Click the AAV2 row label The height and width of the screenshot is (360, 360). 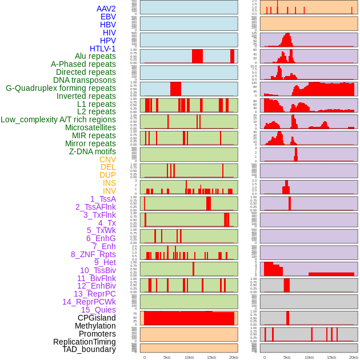tap(106, 9)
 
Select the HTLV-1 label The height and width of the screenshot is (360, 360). tap(102, 49)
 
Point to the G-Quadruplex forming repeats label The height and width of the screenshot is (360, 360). tap(61, 88)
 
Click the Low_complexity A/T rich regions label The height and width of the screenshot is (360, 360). tap(58, 119)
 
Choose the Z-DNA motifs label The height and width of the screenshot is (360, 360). tap(93, 151)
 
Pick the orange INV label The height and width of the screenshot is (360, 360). tap(109, 191)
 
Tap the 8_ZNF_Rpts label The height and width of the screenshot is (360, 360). tap(93, 254)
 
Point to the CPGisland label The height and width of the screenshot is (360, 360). tap(97, 318)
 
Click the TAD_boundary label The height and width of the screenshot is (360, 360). tap(89, 349)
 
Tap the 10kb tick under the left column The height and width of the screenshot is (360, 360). tap(189, 357)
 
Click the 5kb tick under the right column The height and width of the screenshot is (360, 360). tap(287, 357)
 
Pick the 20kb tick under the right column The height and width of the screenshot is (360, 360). tap(354, 357)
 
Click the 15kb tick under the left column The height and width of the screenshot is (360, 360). tap(211, 357)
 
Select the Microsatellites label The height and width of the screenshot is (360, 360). tap(90, 127)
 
